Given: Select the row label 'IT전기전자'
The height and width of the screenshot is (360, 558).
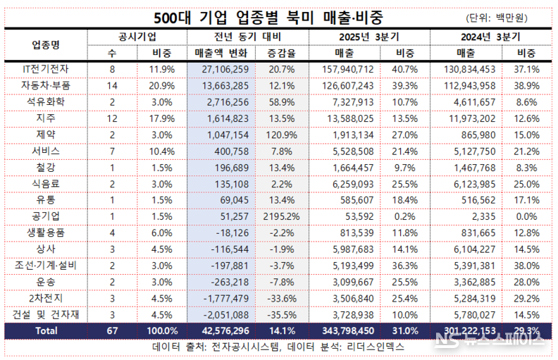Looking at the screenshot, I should click(46, 69).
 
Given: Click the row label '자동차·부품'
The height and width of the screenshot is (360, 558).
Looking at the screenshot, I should click(46, 85).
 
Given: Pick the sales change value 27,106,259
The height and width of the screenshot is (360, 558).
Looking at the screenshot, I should click(221, 69).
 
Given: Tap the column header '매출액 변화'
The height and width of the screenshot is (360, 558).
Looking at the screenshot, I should click(221, 53).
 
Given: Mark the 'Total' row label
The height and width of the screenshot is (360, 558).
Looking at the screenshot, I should click(46, 330).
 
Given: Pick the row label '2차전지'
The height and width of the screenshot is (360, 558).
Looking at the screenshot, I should click(46, 297).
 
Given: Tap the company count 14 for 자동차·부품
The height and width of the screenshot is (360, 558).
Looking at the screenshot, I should click(112, 85).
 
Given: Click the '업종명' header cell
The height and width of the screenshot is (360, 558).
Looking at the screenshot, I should click(46, 44).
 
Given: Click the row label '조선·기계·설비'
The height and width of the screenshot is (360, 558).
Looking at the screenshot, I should click(46, 265).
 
